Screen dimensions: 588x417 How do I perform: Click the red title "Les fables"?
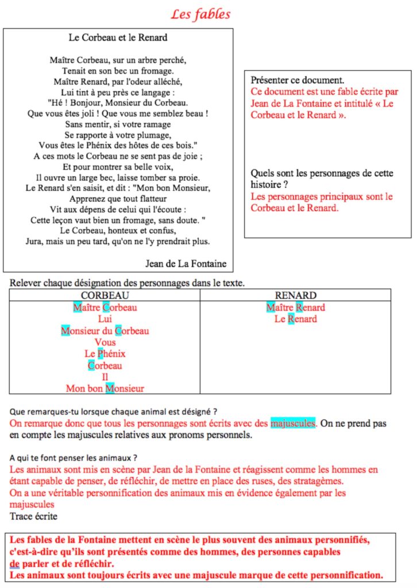pyautogui.click(x=201, y=14)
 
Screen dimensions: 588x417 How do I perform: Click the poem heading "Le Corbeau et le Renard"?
pyautogui.click(x=118, y=38)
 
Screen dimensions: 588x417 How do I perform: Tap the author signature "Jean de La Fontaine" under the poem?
pyautogui.click(x=186, y=264)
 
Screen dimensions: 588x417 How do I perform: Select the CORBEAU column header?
pyautogui.click(x=105, y=295)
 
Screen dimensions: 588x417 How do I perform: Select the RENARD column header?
pyautogui.click(x=295, y=295)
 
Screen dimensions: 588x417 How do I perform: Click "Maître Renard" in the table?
pyautogui.click(x=295, y=308)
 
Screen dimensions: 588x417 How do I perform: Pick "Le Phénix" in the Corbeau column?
pyautogui.click(x=105, y=354)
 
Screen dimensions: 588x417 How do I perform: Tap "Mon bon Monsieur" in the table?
pyautogui.click(x=105, y=389)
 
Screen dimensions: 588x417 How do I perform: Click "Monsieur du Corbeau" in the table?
pyautogui.click(x=105, y=331)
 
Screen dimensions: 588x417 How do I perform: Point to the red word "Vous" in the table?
pyautogui.click(x=105, y=342)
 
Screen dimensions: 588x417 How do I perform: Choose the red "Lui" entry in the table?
pyautogui.click(x=105, y=319)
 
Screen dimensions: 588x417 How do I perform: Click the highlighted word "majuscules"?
pyautogui.click(x=293, y=424)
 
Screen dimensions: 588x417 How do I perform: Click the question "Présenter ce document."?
pyautogui.click(x=298, y=80)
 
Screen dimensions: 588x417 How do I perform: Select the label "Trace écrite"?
pyautogui.click(x=33, y=516)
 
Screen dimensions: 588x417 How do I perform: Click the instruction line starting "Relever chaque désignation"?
pyautogui.click(x=127, y=283)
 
